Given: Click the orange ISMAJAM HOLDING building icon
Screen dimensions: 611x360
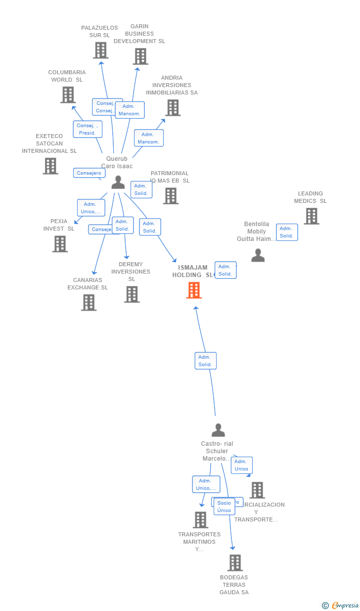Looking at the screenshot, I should pos(194,290).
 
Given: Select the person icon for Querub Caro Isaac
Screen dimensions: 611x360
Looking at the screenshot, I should pos(118,183).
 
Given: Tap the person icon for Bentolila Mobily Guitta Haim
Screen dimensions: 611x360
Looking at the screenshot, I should pos(258,255).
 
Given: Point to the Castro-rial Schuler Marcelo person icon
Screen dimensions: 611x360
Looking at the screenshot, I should pos(218,430).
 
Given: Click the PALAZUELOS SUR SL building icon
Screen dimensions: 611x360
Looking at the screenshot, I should pos(100,50).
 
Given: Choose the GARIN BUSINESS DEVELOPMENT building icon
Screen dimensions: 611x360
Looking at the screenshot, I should pos(140,56).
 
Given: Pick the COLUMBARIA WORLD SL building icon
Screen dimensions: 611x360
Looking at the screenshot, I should pos(68,94).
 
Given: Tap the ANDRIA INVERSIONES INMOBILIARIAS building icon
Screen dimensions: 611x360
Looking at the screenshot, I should pos(173,107).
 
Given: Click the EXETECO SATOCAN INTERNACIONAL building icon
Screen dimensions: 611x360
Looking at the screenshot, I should pos(50,166).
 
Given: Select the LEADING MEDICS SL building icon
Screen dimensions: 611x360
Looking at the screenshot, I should pos(311,216).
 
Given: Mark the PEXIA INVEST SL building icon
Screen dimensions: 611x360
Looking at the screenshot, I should pos(60,244).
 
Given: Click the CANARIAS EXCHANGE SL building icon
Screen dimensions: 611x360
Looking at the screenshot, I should pos(89,302).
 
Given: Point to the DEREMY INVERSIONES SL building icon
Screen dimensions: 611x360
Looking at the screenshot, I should pos(132,294).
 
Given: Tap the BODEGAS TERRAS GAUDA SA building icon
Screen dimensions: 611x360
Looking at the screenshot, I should pos(235,563).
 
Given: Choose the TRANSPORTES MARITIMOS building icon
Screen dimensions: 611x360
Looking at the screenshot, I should pos(200,520).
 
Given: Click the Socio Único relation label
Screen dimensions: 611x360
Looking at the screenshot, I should pos(224,507).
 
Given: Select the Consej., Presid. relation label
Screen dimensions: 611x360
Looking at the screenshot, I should pos(88,129).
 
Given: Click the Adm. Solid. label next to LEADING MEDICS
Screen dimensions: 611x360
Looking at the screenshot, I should pos(286,232).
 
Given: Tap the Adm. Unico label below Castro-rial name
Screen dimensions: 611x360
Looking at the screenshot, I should pos(241,465).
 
